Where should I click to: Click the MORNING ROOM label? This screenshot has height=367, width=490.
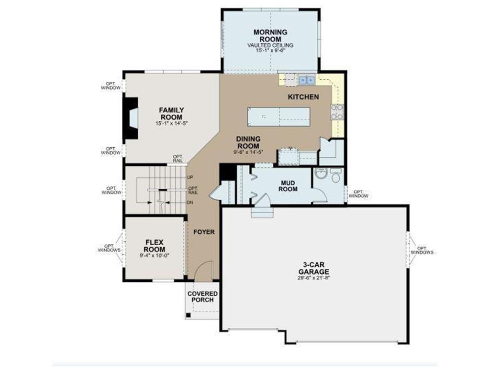270,35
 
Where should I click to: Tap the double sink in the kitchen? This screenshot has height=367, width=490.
307,80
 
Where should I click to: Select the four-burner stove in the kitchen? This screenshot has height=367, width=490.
337,112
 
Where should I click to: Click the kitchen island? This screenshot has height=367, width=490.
278,116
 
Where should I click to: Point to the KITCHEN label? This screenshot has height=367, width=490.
303,97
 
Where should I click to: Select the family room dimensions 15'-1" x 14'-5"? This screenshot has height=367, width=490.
171,123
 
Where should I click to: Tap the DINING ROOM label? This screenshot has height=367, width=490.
248,142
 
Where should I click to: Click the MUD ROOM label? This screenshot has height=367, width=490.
289,185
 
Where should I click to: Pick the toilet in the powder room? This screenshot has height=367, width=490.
335,177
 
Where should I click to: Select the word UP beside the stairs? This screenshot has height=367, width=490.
190,177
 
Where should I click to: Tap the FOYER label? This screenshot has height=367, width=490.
204,232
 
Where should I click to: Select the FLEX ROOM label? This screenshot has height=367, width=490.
155,246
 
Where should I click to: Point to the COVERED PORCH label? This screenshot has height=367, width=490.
202,296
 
